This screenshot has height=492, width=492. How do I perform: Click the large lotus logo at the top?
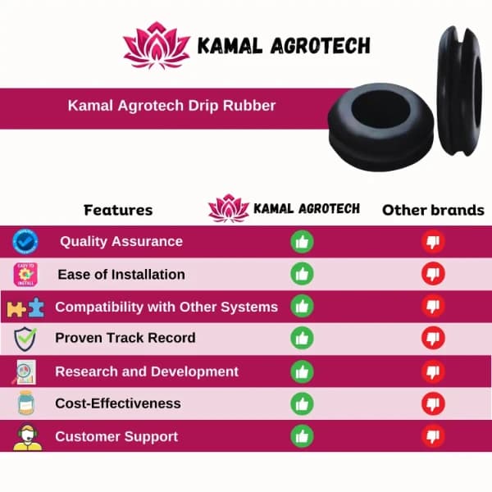(x=156, y=45)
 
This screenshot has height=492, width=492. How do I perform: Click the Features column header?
(x=118, y=210)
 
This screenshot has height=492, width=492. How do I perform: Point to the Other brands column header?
(x=433, y=210)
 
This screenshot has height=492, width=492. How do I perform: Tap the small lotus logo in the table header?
(x=228, y=208)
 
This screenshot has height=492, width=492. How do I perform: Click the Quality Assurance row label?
(x=121, y=242)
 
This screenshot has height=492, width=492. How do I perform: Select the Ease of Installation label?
(x=121, y=274)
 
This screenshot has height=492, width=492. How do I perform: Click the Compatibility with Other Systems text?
(x=166, y=307)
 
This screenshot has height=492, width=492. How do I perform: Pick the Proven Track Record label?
(x=125, y=338)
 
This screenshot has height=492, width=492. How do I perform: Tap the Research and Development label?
(x=147, y=371)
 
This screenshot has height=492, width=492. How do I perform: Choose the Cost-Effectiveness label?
(x=117, y=403)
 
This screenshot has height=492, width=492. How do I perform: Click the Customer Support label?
(x=116, y=436)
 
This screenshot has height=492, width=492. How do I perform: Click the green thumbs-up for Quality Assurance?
(x=303, y=242)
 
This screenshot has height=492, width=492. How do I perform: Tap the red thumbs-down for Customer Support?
(x=433, y=436)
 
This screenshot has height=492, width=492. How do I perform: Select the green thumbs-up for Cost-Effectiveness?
(x=303, y=403)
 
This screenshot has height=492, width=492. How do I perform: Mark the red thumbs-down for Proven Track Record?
(x=433, y=338)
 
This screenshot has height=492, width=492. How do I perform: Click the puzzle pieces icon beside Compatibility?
(x=25, y=308)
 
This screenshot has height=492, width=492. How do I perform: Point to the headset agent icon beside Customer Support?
(x=26, y=436)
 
